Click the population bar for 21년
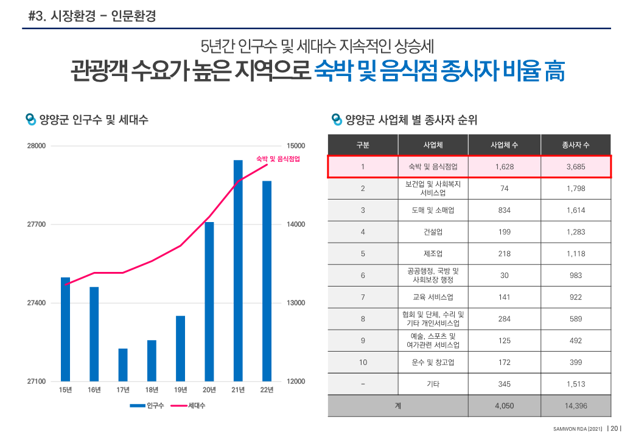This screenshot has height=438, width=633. [x=238, y=270]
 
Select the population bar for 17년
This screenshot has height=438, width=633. [x=123, y=364]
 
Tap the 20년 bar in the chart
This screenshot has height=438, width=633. [x=209, y=301]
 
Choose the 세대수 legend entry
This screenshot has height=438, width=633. [x=188, y=406]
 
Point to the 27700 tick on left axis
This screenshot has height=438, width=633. [x=37, y=224]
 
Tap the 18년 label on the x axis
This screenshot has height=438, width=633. [x=152, y=390]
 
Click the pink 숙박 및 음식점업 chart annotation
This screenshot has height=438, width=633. [x=278, y=159]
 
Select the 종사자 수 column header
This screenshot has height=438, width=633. [x=575, y=145]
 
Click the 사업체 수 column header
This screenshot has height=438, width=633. [x=504, y=145]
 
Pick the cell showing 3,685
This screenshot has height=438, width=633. [x=575, y=166]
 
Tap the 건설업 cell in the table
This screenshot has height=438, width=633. [x=433, y=232]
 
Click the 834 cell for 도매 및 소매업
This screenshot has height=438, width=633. [x=504, y=210]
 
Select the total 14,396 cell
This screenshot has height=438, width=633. [x=575, y=406]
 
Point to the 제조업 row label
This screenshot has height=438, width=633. [x=433, y=254]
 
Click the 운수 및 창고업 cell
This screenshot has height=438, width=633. [x=433, y=363]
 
